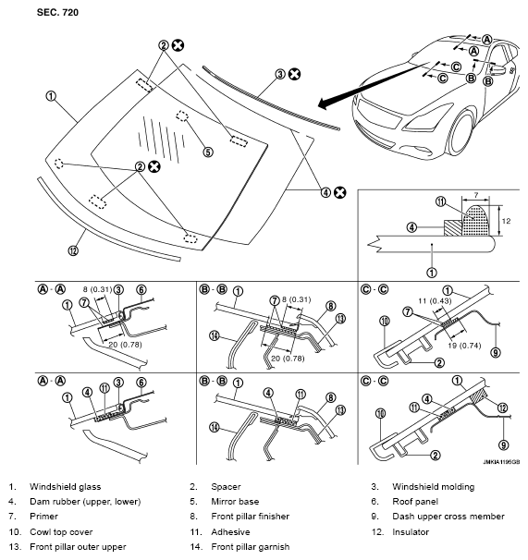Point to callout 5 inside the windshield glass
pyautogui.click(x=208, y=152)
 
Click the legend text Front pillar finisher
pyautogui.click(x=252, y=517)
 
